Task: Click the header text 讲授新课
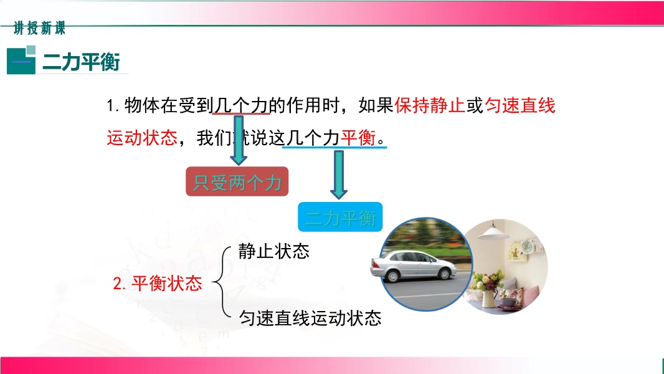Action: [39, 29]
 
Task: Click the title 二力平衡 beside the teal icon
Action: [82, 62]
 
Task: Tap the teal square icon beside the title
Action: [21, 60]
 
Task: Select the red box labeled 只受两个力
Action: [237, 181]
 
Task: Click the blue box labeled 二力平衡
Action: [340, 217]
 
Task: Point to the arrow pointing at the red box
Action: [239, 140]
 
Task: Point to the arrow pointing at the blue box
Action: [338, 175]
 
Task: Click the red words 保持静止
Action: [430, 105]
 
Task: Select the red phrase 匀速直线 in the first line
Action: [519, 105]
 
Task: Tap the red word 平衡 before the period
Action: [358, 138]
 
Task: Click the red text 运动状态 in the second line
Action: [142, 138]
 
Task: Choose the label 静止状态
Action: [273, 251]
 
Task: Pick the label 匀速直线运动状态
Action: [310, 318]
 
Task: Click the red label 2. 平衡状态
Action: [158, 283]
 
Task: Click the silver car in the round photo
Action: [414, 266]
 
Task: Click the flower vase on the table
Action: [489, 297]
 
